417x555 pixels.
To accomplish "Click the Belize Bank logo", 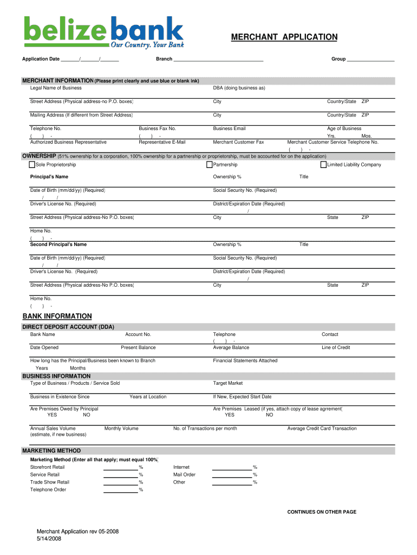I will pos(103,31).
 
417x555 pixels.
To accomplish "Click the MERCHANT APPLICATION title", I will pos(284,37).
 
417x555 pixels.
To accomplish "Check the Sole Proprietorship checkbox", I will pos(32,165).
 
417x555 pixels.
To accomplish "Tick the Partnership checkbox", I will pos(209,165).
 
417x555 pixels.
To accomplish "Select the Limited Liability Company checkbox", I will pos(323,165).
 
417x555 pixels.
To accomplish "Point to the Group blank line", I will pos(370,59).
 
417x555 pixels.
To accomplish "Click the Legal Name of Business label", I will pos(56,88).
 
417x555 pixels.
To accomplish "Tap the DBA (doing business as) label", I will pos(239,88).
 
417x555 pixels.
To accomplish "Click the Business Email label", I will pos(229,128).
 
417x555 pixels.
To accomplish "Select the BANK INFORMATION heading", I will pos(57,316).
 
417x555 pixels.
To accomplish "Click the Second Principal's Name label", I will pos(58,244).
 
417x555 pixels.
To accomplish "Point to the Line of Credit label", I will pos(336,347).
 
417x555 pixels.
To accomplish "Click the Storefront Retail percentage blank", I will pos(120,467).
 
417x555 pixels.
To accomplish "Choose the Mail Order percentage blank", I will pos(232,474).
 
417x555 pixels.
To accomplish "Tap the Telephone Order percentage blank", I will pos(120,489).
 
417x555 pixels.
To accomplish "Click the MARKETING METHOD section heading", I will pos(51,450).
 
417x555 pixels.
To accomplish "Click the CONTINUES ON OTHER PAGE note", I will pos(321,512).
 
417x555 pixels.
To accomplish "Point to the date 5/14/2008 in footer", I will pos(48,539).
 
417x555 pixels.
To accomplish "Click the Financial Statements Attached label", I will pos(245,360).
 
